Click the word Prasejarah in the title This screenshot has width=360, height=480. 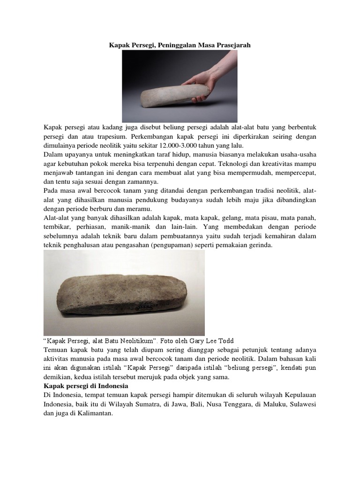click(x=233, y=45)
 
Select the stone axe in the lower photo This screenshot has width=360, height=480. click(x=124, y=293)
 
